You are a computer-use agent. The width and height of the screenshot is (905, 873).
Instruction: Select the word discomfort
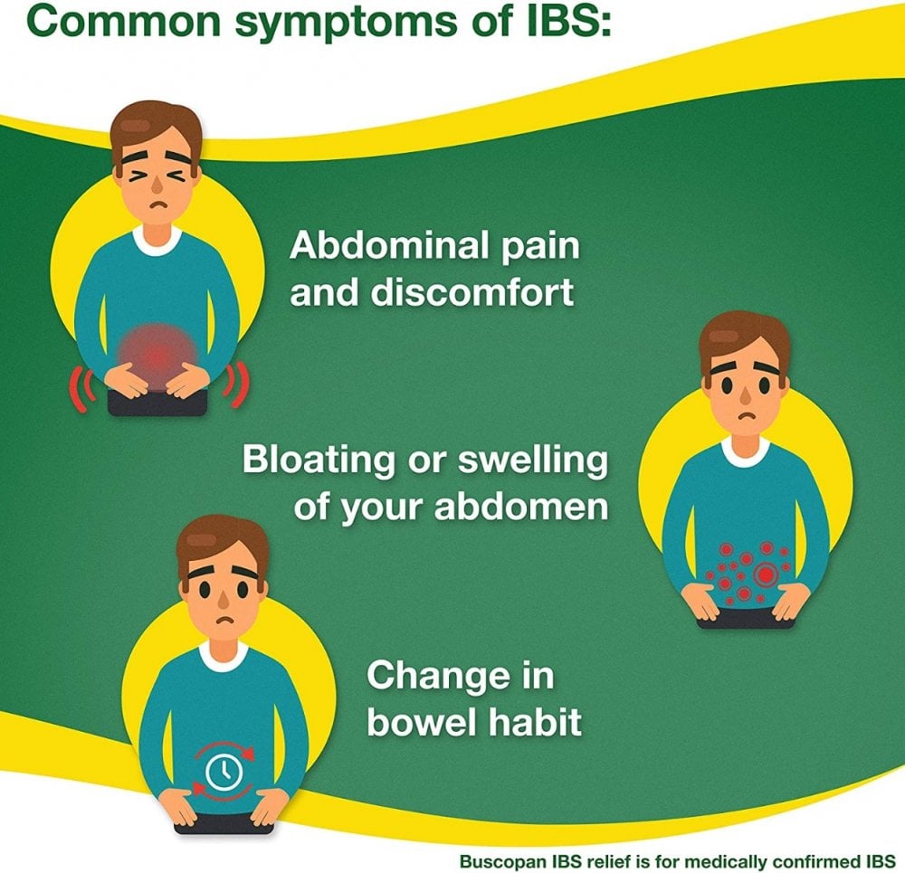[x=472, y=292]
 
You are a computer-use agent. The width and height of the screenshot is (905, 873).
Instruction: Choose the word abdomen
[x=520, y=506]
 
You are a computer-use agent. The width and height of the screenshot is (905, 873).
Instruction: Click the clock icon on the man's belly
[x=224, y=771]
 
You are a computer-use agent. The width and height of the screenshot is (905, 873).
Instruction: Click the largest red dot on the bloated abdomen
[x=766, y=574]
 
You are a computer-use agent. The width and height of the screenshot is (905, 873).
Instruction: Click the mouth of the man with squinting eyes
[x=157, y=204]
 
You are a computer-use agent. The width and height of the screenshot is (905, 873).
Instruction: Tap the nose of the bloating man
[x=746, y=396]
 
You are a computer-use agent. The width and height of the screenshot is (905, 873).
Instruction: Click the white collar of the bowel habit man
[x=224, y=657]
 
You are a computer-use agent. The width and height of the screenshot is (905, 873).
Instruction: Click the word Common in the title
[x=124, y=22]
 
